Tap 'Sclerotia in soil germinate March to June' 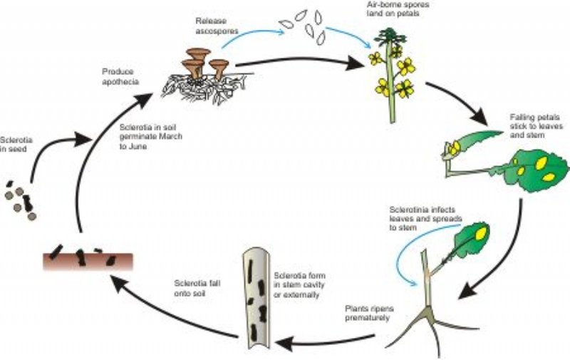[x=150, y=135]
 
